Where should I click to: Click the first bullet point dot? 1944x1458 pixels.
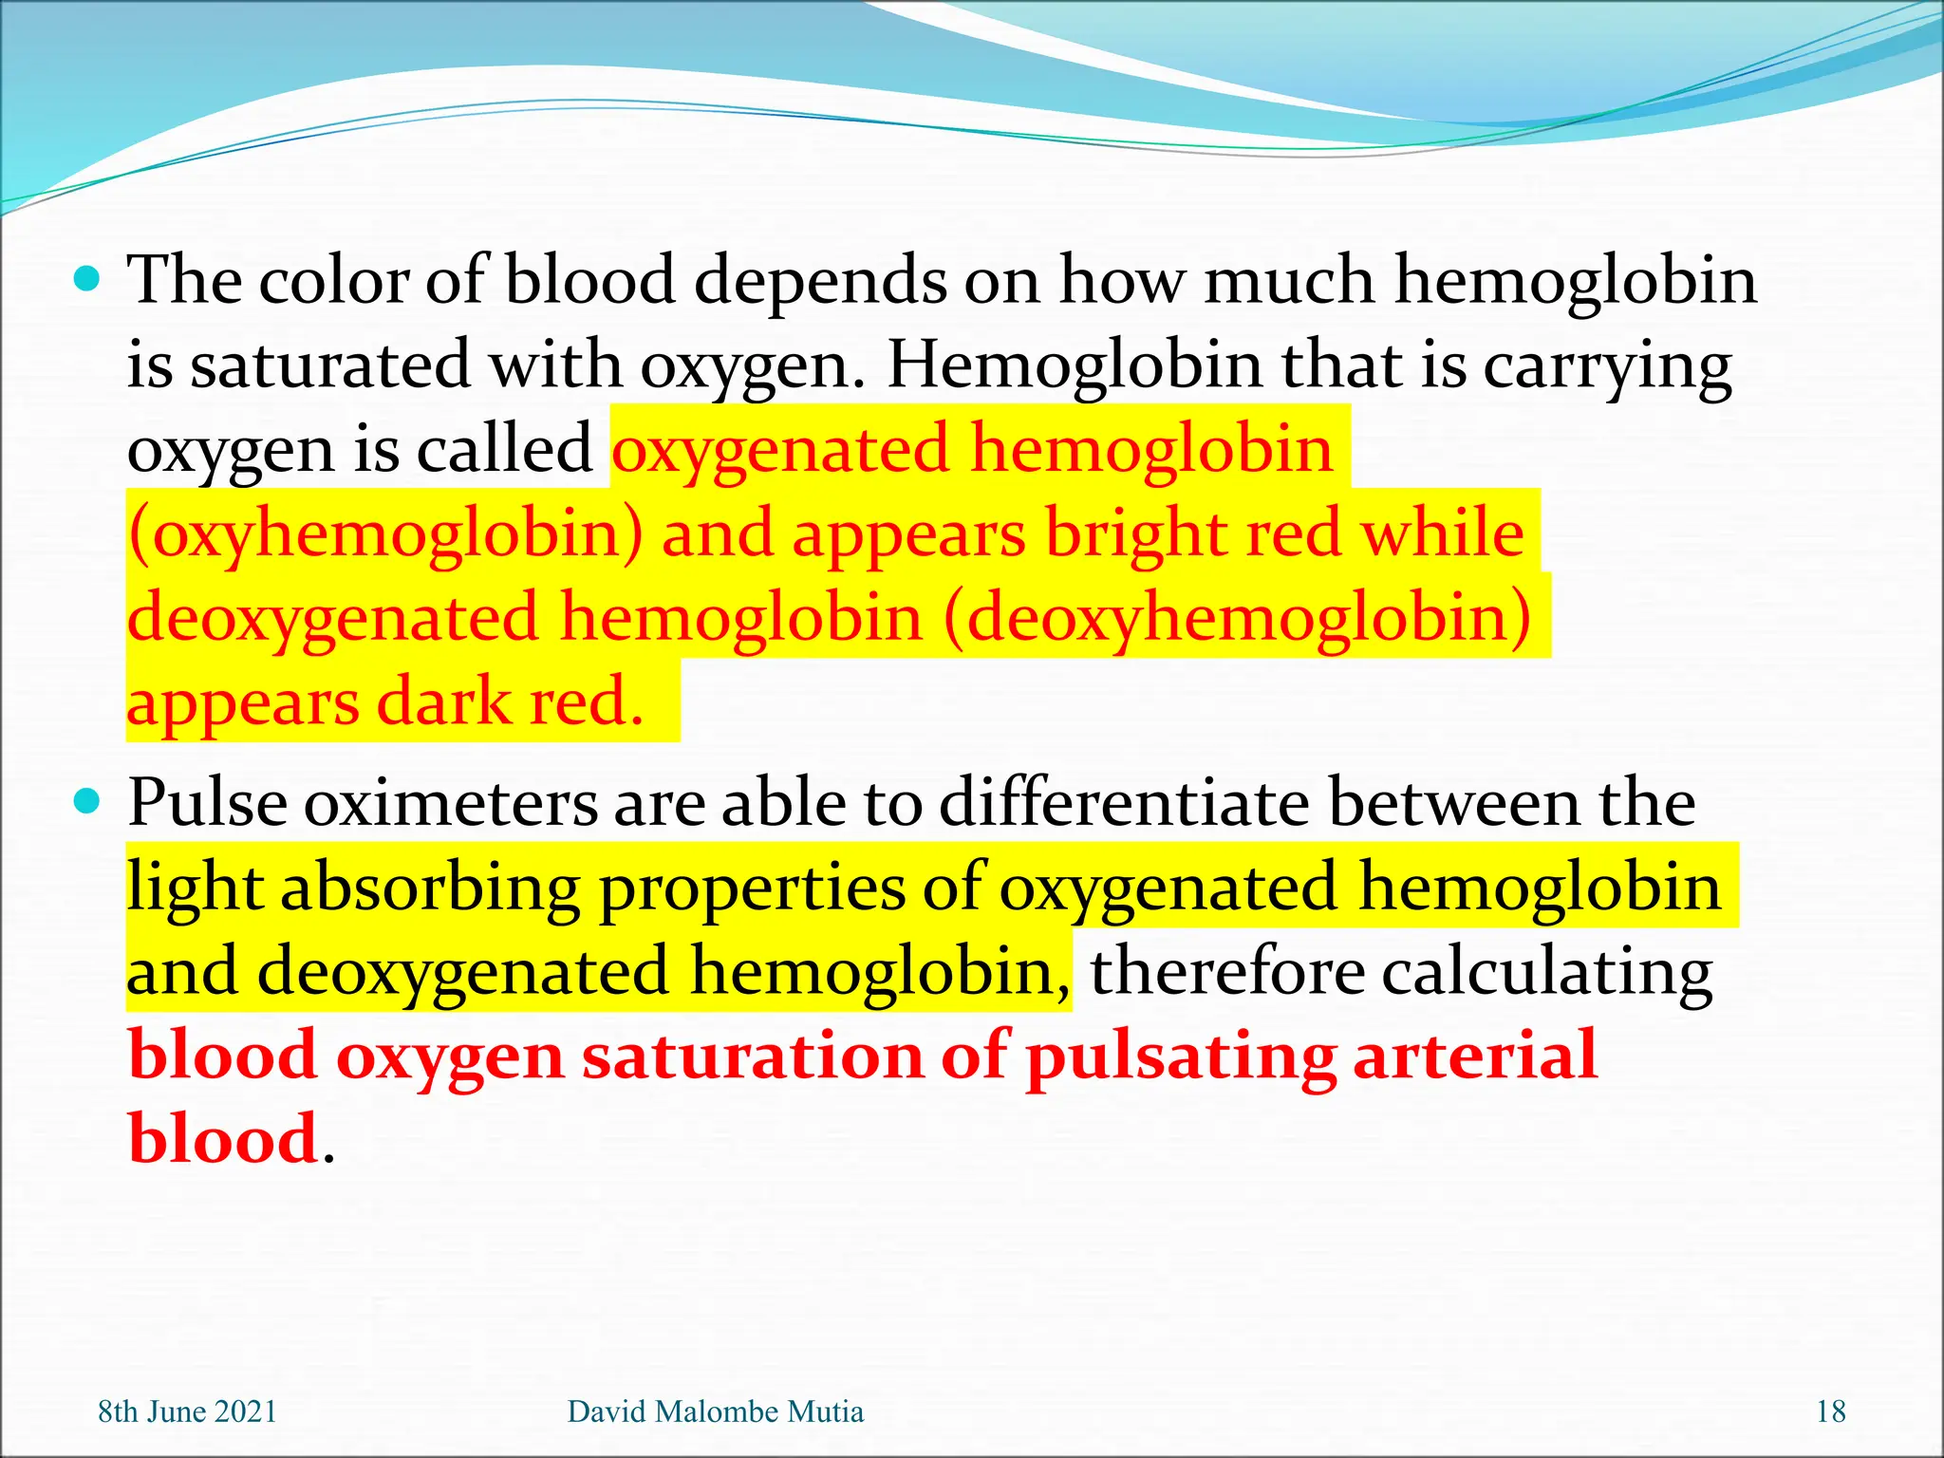pyautogui.click(x=86, y=280)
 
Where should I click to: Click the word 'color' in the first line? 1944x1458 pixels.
pyautogui.click(x=333, y=280)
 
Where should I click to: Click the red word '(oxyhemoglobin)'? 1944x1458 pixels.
pyautogui.click(x=385, y=533)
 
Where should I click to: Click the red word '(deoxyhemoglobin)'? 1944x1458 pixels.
pyautogui.click(x=1237, y=618)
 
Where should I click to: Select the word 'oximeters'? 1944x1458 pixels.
pyautogui.click(x=450, y=803)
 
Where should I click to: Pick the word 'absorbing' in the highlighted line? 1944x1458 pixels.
pyautogui.click(x=429, y=888)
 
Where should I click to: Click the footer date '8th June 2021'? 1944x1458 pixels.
pyautogui.click(x=187, y=1411)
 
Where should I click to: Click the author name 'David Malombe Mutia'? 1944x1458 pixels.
pyautogui.click(x=715, y=1411)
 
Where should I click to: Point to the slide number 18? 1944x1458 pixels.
pyautogui.click(x=1830, y=1411)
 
